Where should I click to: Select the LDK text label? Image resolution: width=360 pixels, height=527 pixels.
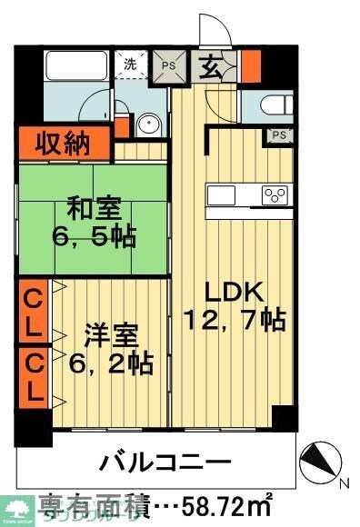(x=233, y=293)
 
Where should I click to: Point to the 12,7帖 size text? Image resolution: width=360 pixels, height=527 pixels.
(x=235, y=320)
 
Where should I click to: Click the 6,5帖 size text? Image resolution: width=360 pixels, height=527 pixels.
(x=95, y=238)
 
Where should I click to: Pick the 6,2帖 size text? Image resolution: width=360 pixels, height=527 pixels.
(x=111, y=363)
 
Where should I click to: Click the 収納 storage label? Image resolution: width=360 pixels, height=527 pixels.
(x=63, y=143)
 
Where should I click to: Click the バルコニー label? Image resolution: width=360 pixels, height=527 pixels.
(x=159, y=458)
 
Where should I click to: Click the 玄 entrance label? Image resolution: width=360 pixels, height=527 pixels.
(x=211, y=65)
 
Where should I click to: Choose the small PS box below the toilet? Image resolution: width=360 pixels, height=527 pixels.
(x=278, y=136)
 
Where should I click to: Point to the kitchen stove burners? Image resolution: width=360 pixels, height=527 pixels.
(x=275, y=194)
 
